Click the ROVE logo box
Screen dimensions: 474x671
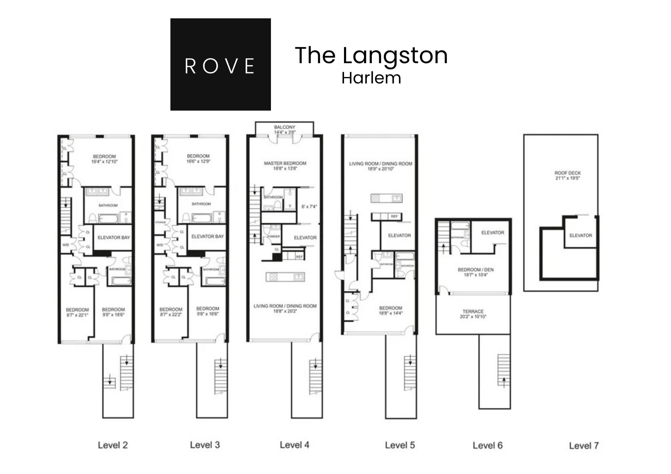point(220,64)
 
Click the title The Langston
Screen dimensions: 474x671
point(371,55)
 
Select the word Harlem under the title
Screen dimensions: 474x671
point(371,78)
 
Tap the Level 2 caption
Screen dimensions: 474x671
point(113,445)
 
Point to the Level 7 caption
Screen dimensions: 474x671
point(584,446)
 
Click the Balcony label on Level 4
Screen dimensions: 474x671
point(284,127)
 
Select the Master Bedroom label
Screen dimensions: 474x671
point(285,163)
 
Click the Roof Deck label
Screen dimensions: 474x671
point(567,173)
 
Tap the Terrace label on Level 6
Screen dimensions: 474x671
point(473,311)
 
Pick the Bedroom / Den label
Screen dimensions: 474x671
point(475,270)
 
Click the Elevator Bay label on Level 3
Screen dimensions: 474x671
point(207,236)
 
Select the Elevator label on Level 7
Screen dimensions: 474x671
point(581,235)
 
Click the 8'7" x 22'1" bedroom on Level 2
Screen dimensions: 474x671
point(77,312)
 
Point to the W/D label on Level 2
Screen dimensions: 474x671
point(66,245)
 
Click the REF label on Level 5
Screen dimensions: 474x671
point(394,216)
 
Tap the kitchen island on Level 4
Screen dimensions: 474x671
point(285,277)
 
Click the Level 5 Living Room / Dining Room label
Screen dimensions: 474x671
point(380,164)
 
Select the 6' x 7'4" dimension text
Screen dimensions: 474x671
point(309,207)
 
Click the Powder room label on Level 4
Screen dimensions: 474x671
point(273,236)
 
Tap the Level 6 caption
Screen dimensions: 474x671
point(487,445)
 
